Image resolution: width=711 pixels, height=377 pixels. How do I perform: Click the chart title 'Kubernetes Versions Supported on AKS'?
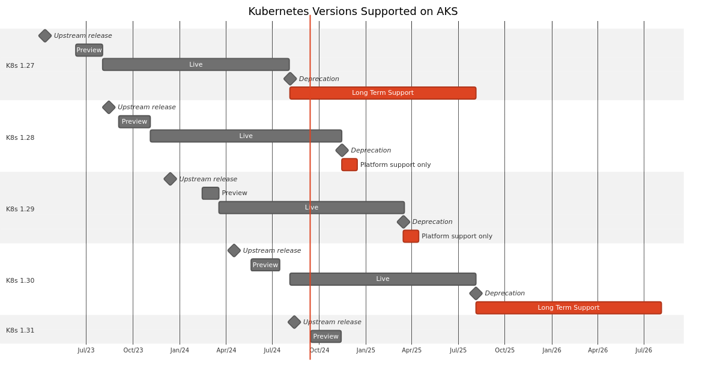(352, 12)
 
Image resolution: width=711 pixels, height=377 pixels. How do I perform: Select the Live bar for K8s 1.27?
(196, 64)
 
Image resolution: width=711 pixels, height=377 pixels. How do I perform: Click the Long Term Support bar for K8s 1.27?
(383, 93)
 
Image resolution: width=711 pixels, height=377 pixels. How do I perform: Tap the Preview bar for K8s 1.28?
(135, 122)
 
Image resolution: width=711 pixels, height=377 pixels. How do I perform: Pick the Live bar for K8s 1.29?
(311, 208)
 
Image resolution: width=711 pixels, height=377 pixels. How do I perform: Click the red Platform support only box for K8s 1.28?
(349, 164)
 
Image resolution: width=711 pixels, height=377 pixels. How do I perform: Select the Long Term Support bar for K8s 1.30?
(568, 308)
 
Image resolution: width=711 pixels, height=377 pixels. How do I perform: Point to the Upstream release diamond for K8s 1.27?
(45, 36)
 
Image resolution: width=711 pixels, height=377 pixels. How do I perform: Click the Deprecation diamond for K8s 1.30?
(476, 294)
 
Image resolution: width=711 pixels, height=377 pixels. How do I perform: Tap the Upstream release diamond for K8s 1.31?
(294, 322)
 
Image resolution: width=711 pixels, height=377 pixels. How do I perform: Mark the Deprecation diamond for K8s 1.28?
(342, 151)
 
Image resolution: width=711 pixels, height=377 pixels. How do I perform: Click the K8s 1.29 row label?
(20, 210)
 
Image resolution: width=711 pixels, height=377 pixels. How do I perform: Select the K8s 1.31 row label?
(20, 331)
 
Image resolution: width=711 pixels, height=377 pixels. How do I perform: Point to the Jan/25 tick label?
(366, 351)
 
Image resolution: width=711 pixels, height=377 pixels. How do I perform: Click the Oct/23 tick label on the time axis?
(133, 351)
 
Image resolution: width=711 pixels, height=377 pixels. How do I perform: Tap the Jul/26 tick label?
(644, 351)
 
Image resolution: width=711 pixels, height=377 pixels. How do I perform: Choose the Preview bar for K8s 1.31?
(326, 337)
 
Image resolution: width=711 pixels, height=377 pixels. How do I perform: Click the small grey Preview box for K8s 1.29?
(210, 193)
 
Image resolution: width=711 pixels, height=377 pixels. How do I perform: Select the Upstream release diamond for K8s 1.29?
(171, 179)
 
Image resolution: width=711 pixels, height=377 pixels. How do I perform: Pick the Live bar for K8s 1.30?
(383, 279)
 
